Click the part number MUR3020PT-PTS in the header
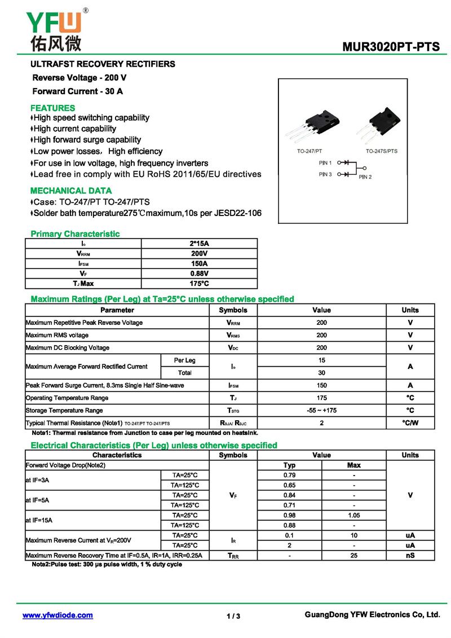coord(391,47)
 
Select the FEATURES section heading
coord(52,108)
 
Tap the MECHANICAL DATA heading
coord(71,191)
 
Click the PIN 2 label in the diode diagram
coord(365,177)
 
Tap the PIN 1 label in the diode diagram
coord(325,162)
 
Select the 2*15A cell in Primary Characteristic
coord(199,244)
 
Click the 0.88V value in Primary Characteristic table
coord(199,274)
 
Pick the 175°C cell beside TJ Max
coord(199,284)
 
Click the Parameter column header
coord(117,310)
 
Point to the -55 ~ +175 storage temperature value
coord(321,411)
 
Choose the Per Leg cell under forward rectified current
coord(184,360)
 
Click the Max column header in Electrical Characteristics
coord(354,465)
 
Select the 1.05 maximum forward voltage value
coord(354,516)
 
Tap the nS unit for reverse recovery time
coord(410,556)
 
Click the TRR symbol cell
coord(233,556)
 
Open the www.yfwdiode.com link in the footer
coord(58,615)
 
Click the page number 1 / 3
coord(233,616)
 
